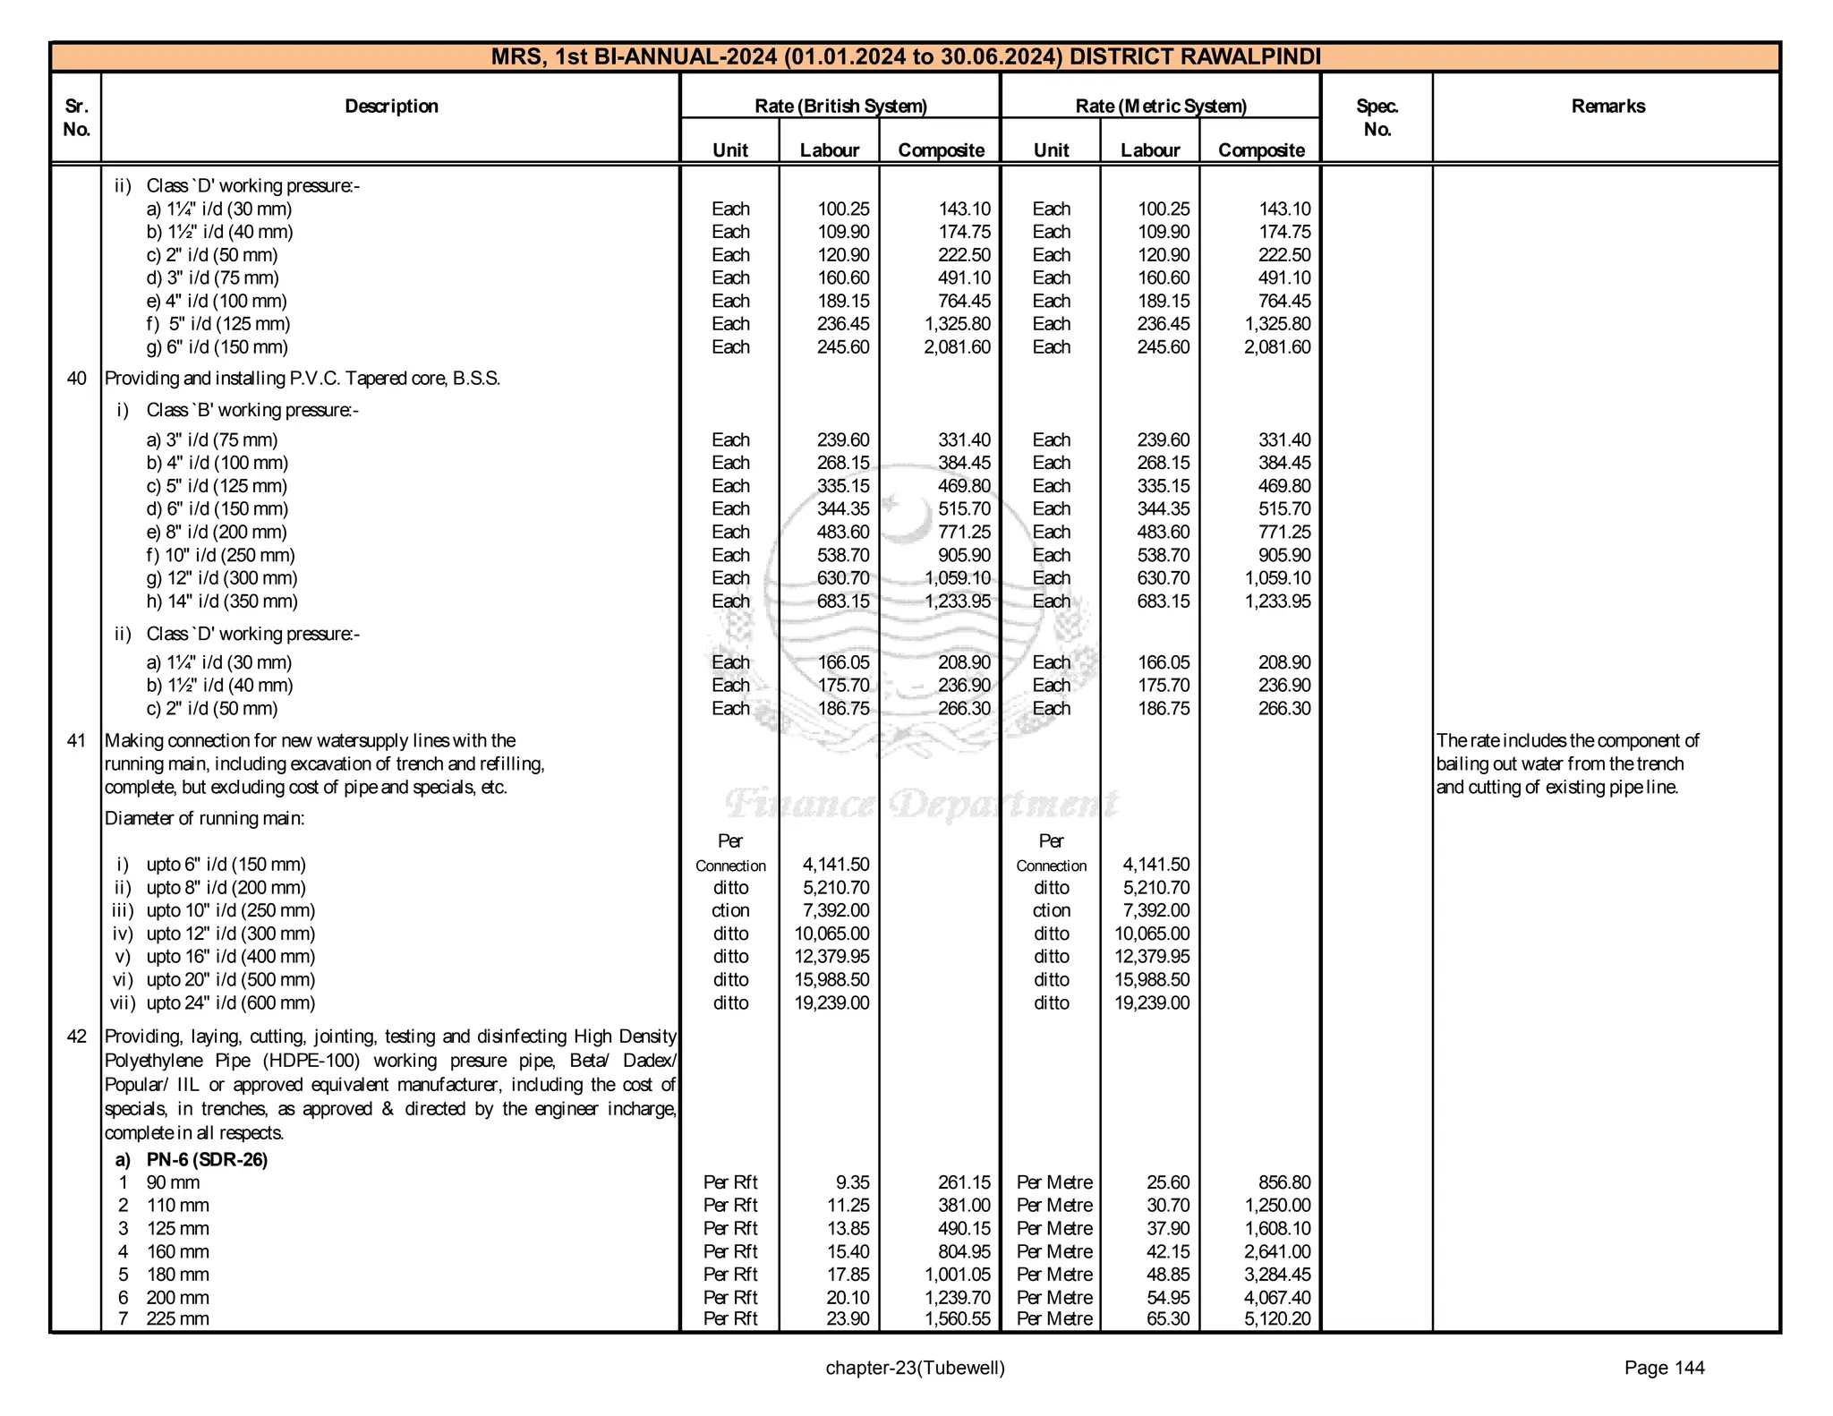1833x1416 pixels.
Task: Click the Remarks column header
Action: tap(1607, 107)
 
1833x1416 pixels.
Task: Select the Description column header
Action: tap(391, 107)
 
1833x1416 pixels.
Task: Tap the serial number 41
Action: tap(77, 741)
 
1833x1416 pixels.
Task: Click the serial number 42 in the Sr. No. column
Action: tap(77, 1036)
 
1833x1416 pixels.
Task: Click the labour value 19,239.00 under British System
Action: tap(831, 1002)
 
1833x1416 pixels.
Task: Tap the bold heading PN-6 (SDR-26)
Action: tap(207, 1160)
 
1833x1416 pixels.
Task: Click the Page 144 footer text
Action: tap(1664, 1368)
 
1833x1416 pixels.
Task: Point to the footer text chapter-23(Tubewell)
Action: tap(915, 1368)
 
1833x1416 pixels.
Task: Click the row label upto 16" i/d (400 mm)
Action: tap(230, 957)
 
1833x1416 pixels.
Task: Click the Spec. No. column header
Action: tap(1377, 117)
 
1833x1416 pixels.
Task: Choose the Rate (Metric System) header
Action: tap(1160, 107)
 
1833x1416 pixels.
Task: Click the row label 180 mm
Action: tap(177, 1275)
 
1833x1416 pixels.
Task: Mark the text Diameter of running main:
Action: tap(205, 818)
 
